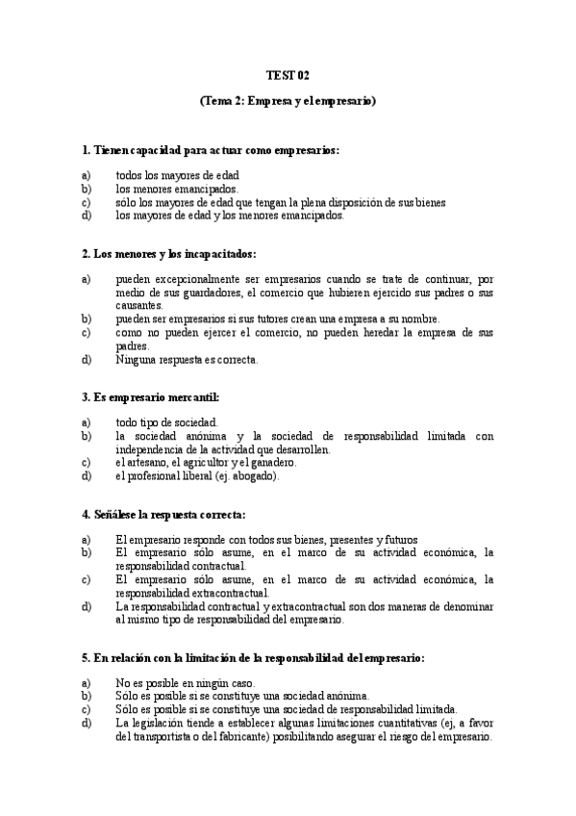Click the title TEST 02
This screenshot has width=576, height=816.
(x=288, y=75)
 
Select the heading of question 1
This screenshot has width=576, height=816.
(x=211, y=150)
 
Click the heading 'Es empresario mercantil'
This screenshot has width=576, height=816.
(x=151, y=396)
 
